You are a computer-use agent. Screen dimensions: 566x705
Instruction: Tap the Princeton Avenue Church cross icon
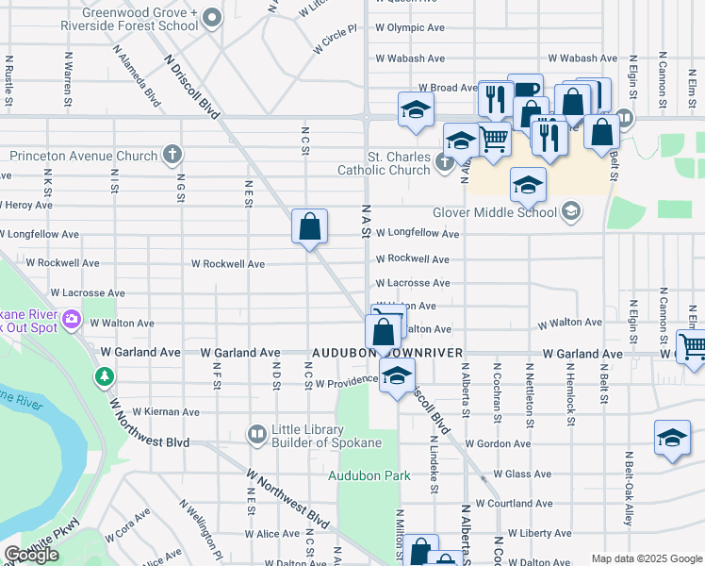pyautogui.click(x=172, y=154)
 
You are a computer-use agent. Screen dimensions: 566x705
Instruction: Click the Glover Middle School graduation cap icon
pyautogui.click(x=570, y=212)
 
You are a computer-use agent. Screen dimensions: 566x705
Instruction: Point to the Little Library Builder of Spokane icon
pyautogui.click(x=256, y=434)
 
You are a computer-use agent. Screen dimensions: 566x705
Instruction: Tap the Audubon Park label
pyautogui.click(x=369, y=475)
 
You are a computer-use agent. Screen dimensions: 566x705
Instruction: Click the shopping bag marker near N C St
pyautogui.click(x=309, y=226)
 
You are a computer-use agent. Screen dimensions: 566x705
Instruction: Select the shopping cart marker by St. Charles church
pyautogui.click(x=495, y=140)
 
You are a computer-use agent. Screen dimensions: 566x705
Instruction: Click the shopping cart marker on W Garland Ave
pyautogui.click(x=691, y=347)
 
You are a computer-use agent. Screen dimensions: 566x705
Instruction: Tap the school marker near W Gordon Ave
pyautogui.click(x=671, y=438)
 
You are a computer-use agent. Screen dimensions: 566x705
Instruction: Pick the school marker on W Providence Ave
pyautogui.click(x=398, y=376)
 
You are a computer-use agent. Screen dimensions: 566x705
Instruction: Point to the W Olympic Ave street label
pyautogui.click(x=410, y=28)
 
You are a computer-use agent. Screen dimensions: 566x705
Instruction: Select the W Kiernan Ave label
pyautogui.click(x=166, y=412)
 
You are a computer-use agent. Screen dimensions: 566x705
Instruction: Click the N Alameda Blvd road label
pyautogui.click(x=137, y=74)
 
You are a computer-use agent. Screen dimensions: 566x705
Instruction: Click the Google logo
pyautogui.click(x=31, y=556)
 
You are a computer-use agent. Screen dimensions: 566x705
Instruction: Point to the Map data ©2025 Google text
pyautogui.click(x=647, y=558)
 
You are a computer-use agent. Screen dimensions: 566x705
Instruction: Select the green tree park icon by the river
pyautogui.click(x=104, y=377)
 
